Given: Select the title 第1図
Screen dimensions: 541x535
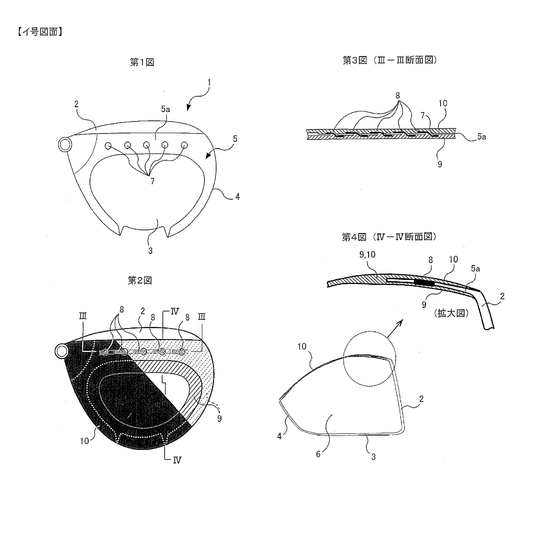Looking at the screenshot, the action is [142, 62].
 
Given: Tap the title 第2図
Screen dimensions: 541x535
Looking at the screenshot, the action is [140, 280].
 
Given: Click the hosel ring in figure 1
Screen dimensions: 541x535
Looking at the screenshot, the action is [65, 145].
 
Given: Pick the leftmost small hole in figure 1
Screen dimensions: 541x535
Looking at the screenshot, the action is [108, 146].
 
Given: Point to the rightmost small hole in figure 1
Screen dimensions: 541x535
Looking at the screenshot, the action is [184, 145].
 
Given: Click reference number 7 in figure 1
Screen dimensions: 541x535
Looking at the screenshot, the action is [152, 181].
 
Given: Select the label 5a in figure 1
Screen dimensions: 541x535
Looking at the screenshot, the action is [165, 109].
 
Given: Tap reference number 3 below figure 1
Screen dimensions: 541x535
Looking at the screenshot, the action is [150, 251].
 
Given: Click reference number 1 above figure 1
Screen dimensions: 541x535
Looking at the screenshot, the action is [209, 82].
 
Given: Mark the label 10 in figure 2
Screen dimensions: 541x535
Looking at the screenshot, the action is [84, 441].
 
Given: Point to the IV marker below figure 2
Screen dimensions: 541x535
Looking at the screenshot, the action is [177, 460].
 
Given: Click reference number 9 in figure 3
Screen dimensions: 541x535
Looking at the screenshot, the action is [440, 164].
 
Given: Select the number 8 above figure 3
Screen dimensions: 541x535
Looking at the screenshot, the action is [398, 95].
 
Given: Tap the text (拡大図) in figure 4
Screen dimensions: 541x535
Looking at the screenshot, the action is [451, 313].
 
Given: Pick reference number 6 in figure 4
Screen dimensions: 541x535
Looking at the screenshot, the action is [318, 454].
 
